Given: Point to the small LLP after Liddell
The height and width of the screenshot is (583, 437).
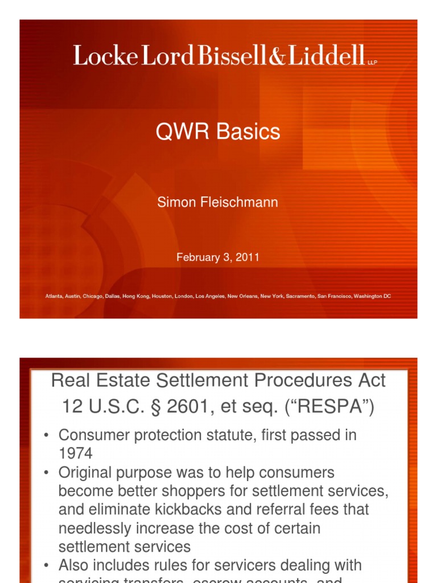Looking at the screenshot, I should pyautogui.click(x=373, y=61).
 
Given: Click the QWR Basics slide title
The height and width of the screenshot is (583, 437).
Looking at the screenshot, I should pyautogui.click(x=218, y=132).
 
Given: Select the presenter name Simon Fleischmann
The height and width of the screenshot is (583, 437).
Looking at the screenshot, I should pyautogui.click(x=218, y=203).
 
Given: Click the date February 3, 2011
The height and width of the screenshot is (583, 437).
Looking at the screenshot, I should pyautogui.click(x=218, y=257).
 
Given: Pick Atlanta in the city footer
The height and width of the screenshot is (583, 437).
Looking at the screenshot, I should pyautogui.click(x=54, y=297).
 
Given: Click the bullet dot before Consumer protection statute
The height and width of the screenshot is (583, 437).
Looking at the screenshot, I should pyautogui.click(x=46, y=436).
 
